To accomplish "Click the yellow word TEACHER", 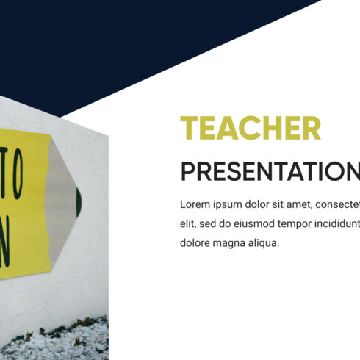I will pyautogui.click(x=251, y=129).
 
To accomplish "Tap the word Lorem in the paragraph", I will pyautogui.click(x=195, y=204).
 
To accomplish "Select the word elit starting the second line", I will pyautogui.click(x=189, y=223).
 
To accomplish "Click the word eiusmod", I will pyautogui.click(x=263, y=223).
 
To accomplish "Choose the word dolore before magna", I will pyautogui.click(x=196, y=242).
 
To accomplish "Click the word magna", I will pyautogui.click(x=234, y=242).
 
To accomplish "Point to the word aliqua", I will pyautogui.click(x=267, y=242).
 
